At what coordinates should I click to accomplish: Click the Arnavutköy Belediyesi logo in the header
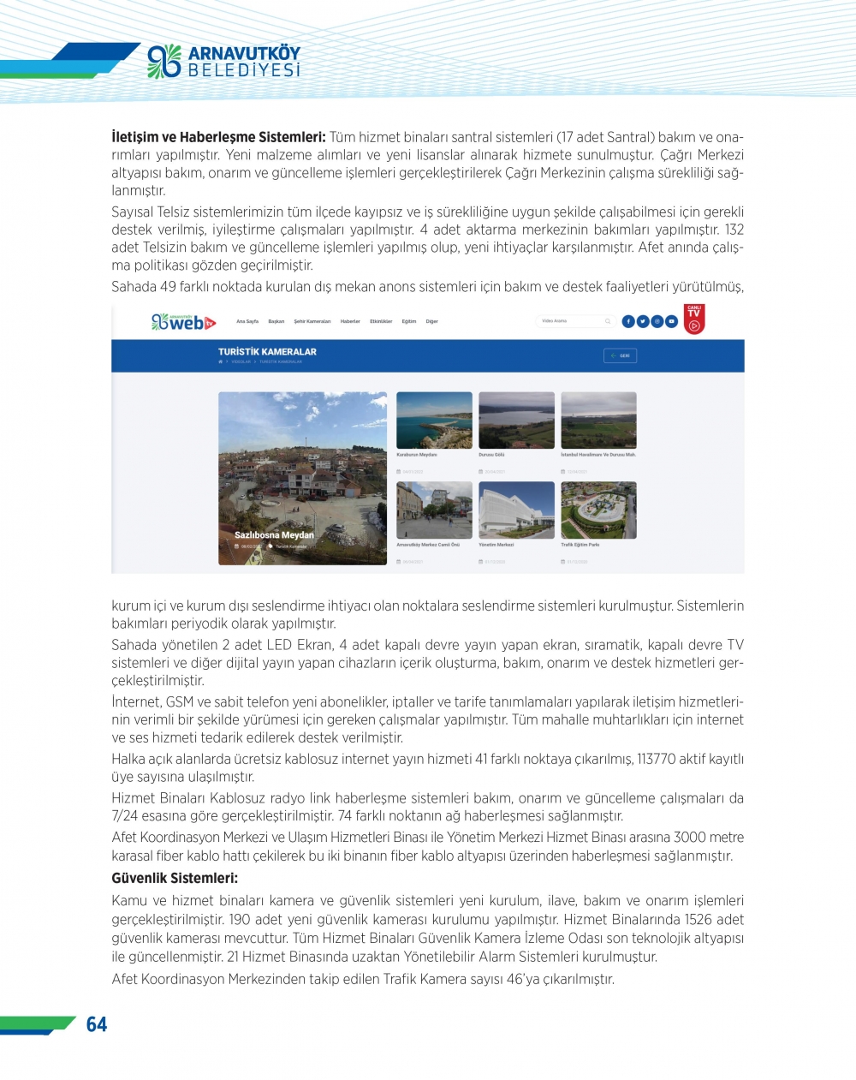click(224, 61)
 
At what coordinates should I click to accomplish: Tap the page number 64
click(97, 1024)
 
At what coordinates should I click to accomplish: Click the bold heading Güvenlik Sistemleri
click(175, 878)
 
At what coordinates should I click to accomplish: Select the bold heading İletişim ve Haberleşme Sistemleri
click(218, 137)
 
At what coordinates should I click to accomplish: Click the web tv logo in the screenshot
click(183, 322)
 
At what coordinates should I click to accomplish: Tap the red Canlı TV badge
click(694, 319)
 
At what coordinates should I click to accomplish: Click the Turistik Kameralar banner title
click(267, 352)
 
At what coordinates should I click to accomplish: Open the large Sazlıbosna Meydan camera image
click(302, 478)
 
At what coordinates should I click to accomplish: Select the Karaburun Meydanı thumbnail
click(434, 421)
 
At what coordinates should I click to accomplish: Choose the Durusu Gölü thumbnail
click(516, 421)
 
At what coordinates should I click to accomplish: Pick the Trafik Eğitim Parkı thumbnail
click(598, 510)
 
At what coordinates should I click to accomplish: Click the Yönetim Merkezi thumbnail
click(516, 510)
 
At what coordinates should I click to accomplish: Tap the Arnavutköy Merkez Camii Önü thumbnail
click(434, 510)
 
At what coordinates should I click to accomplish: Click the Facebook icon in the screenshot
click(628, 321)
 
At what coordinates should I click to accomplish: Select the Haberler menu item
click(350, 322)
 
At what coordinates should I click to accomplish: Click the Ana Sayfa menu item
click(247, 322)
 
